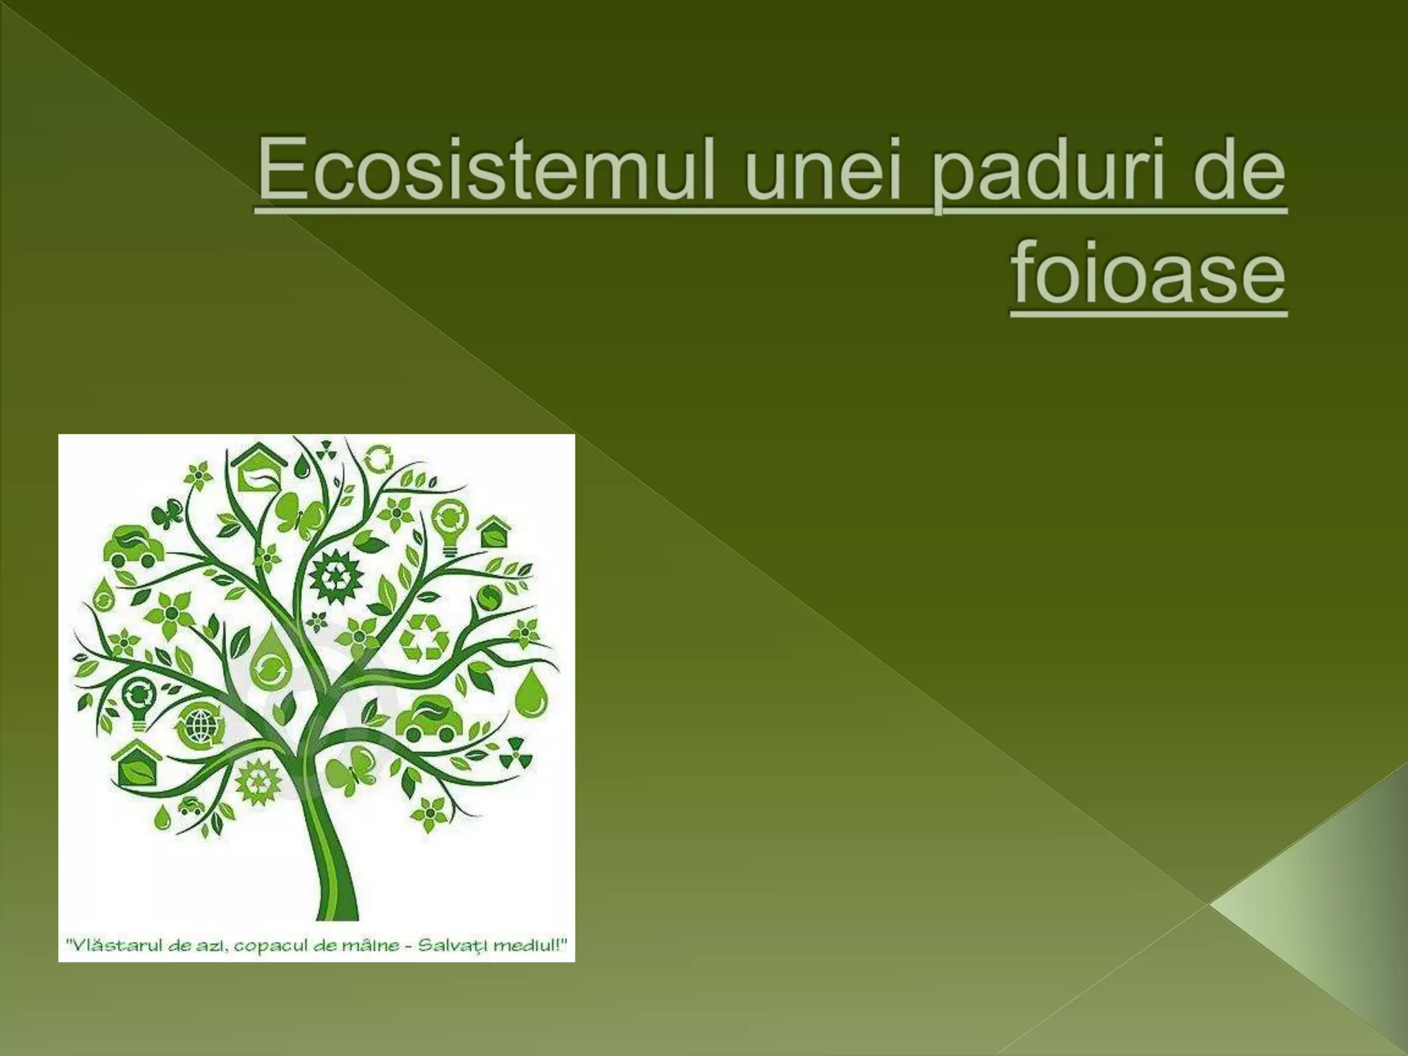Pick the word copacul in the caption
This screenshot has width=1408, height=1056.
[x=261, y=946]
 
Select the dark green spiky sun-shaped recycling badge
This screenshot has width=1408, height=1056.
[x=335, y=577]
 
